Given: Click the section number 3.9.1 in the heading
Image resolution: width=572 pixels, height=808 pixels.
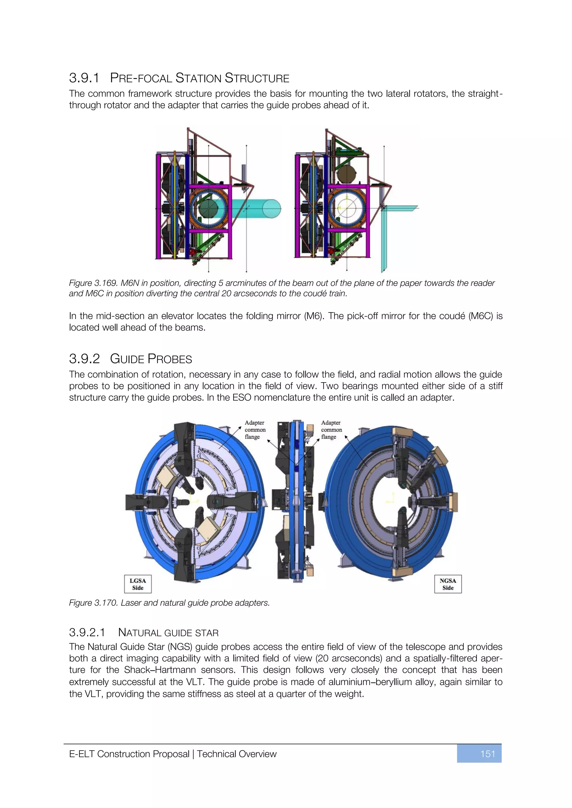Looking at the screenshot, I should pos(84,78).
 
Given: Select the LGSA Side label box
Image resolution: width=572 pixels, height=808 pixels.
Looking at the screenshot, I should pos(138,584).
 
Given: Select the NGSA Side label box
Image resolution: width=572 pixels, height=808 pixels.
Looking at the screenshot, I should pos(448,584).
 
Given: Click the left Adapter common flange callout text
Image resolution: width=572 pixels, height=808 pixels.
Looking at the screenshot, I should pos(255,430).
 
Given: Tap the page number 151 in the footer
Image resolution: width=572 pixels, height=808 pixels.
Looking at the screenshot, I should pos(487,754).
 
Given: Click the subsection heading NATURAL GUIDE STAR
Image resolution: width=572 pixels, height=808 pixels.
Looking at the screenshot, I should pos(168,633).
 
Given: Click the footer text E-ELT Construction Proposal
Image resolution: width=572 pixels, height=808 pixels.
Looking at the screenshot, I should pos(129,754).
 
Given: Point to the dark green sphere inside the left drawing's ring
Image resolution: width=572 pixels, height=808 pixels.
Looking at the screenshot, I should pos(209,209).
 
